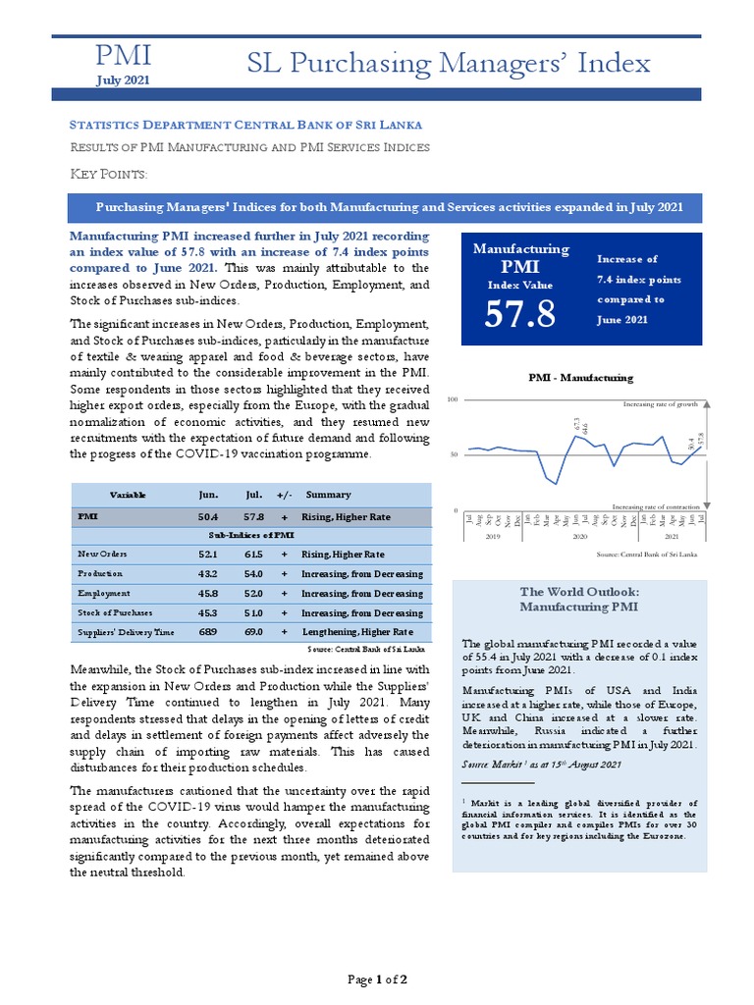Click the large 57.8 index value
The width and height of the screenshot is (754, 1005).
(x=520, y=314)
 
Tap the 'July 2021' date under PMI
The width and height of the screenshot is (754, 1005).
(x=123, y=79)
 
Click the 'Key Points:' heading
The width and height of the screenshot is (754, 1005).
(x=109, y=174)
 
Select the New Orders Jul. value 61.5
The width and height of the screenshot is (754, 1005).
(x=255, y=555)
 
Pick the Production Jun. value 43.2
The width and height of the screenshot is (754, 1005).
(x=208, y=573)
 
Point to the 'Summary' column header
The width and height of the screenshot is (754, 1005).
(x=328, y=495)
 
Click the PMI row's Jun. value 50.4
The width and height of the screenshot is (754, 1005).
(x=208, y=516)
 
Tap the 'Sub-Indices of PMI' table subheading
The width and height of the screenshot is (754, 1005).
(x=250, y=535)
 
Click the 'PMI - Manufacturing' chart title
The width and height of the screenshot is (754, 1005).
(x=580, y=377)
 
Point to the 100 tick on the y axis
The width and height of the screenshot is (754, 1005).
(x=453, y=400)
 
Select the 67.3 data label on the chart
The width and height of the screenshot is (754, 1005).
(x=576, y=425)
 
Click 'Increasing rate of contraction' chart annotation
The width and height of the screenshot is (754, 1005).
(x=655, y=505)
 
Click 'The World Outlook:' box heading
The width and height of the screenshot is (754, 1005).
(x=579, y=592)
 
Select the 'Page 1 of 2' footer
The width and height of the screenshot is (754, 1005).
(x=378, y=979)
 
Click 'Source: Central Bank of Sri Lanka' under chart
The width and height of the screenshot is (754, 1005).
(x=647, y=555)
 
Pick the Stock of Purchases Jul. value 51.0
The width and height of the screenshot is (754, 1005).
(x=255, y=612)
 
